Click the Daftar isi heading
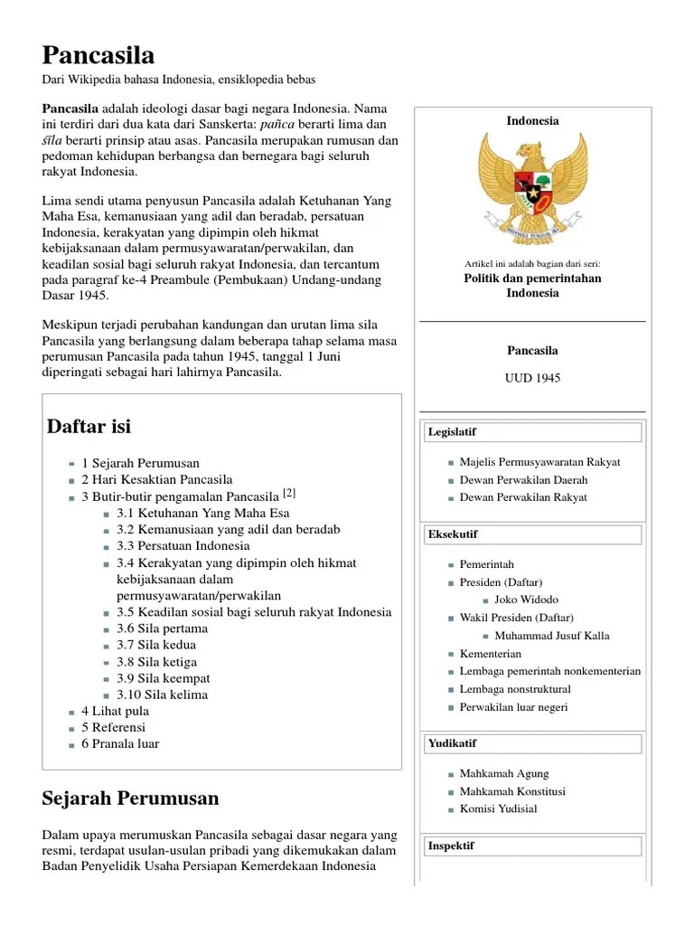(89, 426)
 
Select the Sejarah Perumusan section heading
(130, 798)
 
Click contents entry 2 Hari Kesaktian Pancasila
(157, 479)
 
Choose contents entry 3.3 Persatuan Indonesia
(183, 545)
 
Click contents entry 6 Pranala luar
(120, 743)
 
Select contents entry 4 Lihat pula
(116, 711)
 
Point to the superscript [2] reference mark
(289, 493)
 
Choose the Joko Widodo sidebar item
(527, 600)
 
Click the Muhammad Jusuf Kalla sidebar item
(552, 635)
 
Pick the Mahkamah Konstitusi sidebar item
(512, 791)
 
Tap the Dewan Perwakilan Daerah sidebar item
(523, 479)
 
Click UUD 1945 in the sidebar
(532, 378)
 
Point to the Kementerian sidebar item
(491, 653)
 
